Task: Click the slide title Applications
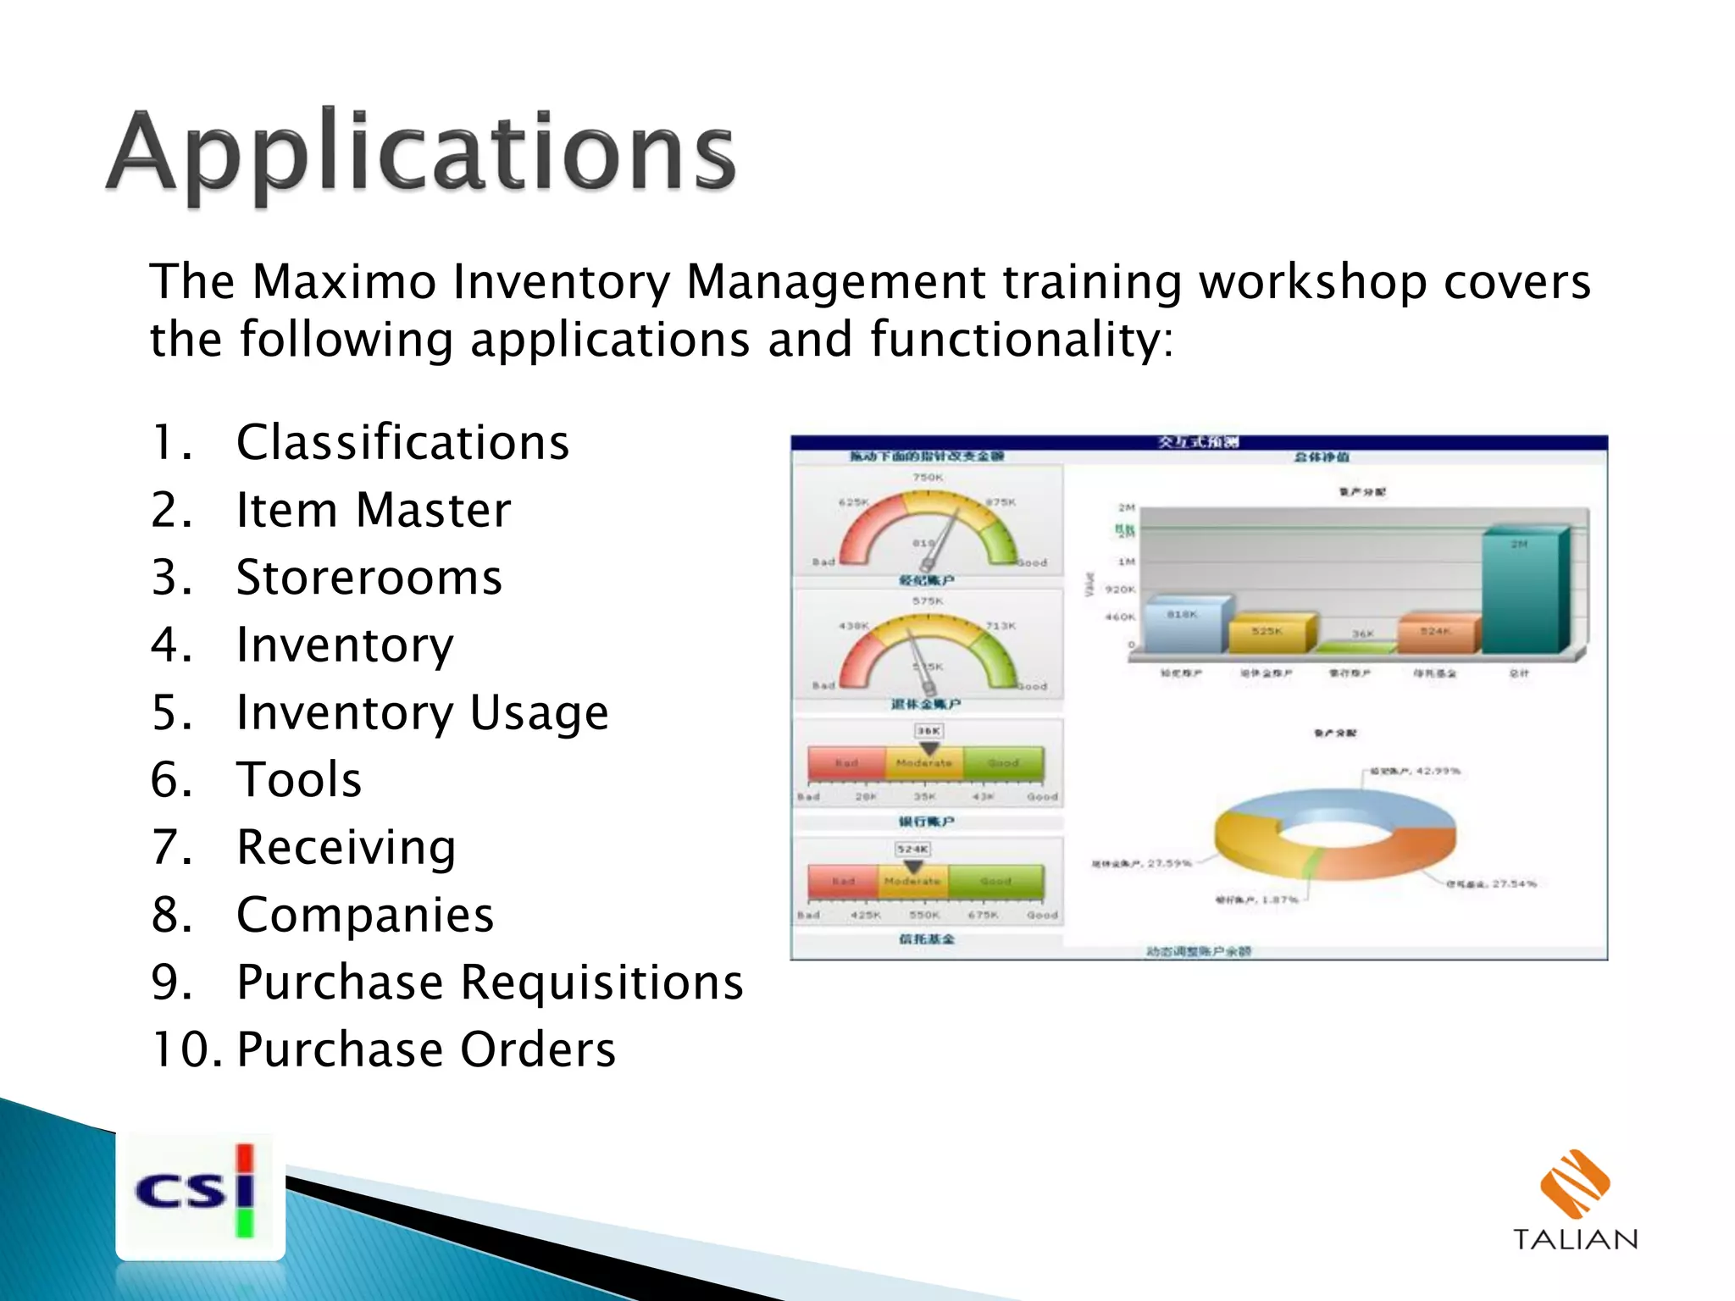pos(421,153)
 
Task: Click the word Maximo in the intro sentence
pos(343,282)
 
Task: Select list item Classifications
pos(402,442)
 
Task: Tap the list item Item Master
pos(374,510)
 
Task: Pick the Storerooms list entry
pos(369,578)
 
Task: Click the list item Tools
pos(299,779)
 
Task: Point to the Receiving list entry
pos(346,847)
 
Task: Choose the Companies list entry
pos(365,915)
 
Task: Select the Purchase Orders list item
pos(426,1049)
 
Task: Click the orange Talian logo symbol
pos(1574,1182)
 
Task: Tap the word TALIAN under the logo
pos(1575,1240)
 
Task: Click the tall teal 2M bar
pos(1521,593)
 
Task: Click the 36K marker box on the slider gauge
pos(928,731)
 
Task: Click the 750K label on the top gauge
pos(927,478)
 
